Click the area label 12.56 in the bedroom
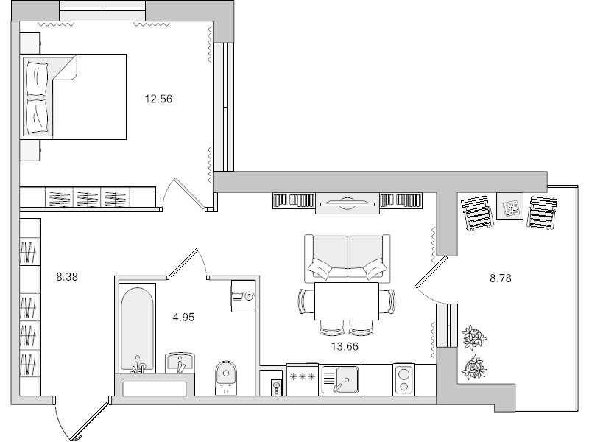pyautogui.click(x=160, y=98)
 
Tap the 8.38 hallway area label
pyautogui.click(x=67, y=278)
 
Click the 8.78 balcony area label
pyautogui.click(x=500, y=278)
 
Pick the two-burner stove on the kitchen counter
pyautogui.click(x=404, y=379)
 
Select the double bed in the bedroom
pyautogui.click(x=75, y=96)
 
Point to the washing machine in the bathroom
pyautogui.click(x=242, y=295)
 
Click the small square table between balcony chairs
pyautogui.click(x=509, y=207)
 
